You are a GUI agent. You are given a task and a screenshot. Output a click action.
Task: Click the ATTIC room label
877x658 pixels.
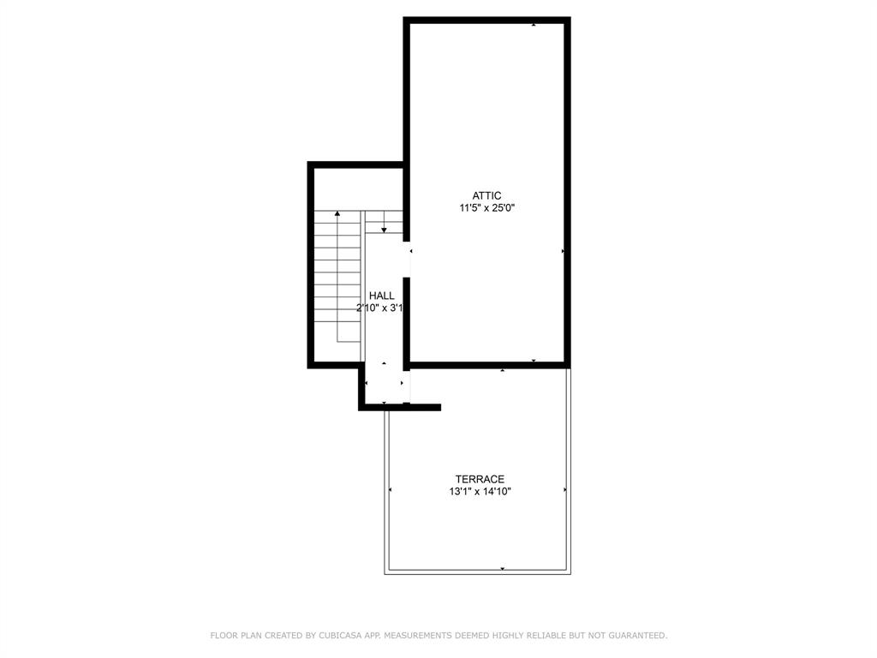pyautogui.click(x=486, y=195)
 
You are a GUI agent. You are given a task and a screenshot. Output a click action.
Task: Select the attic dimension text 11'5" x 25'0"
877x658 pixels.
pyautogui.click(x=486, y=207)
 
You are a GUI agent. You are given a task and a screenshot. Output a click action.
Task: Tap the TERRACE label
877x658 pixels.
pyautogui.click(x=480, y=479)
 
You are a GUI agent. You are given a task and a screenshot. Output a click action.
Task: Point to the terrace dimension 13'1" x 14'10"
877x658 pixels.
pyautogui.click(x=480, y=492)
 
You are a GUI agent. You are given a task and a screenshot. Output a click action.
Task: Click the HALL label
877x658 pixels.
pyautogui.click(x=382, y=296)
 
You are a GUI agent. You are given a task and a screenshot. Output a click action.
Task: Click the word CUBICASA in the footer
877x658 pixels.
pyautogui.click(x=341, y=636)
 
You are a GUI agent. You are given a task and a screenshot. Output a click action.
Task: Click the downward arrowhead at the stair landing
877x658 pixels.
pyautogui.click(x=385, y=230)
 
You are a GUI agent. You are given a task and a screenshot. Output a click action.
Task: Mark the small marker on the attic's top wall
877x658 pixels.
pyautogui.click(x=534, y=25)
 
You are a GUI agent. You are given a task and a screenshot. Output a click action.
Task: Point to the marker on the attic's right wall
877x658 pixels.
pyautogui.click(x=563, y=251)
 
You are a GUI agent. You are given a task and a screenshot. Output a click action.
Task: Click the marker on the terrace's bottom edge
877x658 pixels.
pyautogui.click(x=502, y=568)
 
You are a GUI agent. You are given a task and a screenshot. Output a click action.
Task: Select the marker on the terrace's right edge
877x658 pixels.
pyautogui.click(x=565, y=490)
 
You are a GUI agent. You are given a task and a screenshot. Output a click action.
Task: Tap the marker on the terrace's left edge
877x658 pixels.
pyautogui.click(x=391, y=490)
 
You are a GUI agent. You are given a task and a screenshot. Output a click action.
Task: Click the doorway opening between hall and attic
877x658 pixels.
pyautogui.click(x=408, y=263)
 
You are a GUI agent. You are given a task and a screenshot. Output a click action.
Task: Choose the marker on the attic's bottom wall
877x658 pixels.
pyautogui.click(x=534, y=362)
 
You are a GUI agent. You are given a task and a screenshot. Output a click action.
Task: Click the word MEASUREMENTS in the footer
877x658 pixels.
pyautogui.click(x=418, y=636)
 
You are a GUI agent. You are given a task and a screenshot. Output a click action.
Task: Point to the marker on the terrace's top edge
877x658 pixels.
pyautogui.click(x=502, y=371)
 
